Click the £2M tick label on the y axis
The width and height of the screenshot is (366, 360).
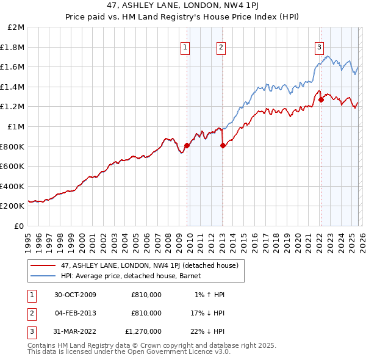(x=16, y=27)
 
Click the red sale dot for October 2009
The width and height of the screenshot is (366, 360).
(x=187, y=145)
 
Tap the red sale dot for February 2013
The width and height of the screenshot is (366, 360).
(x=223, y=145)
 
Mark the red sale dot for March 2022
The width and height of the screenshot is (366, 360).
(x=321, y=99)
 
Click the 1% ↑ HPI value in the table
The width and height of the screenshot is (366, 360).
(x=209, y=295)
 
